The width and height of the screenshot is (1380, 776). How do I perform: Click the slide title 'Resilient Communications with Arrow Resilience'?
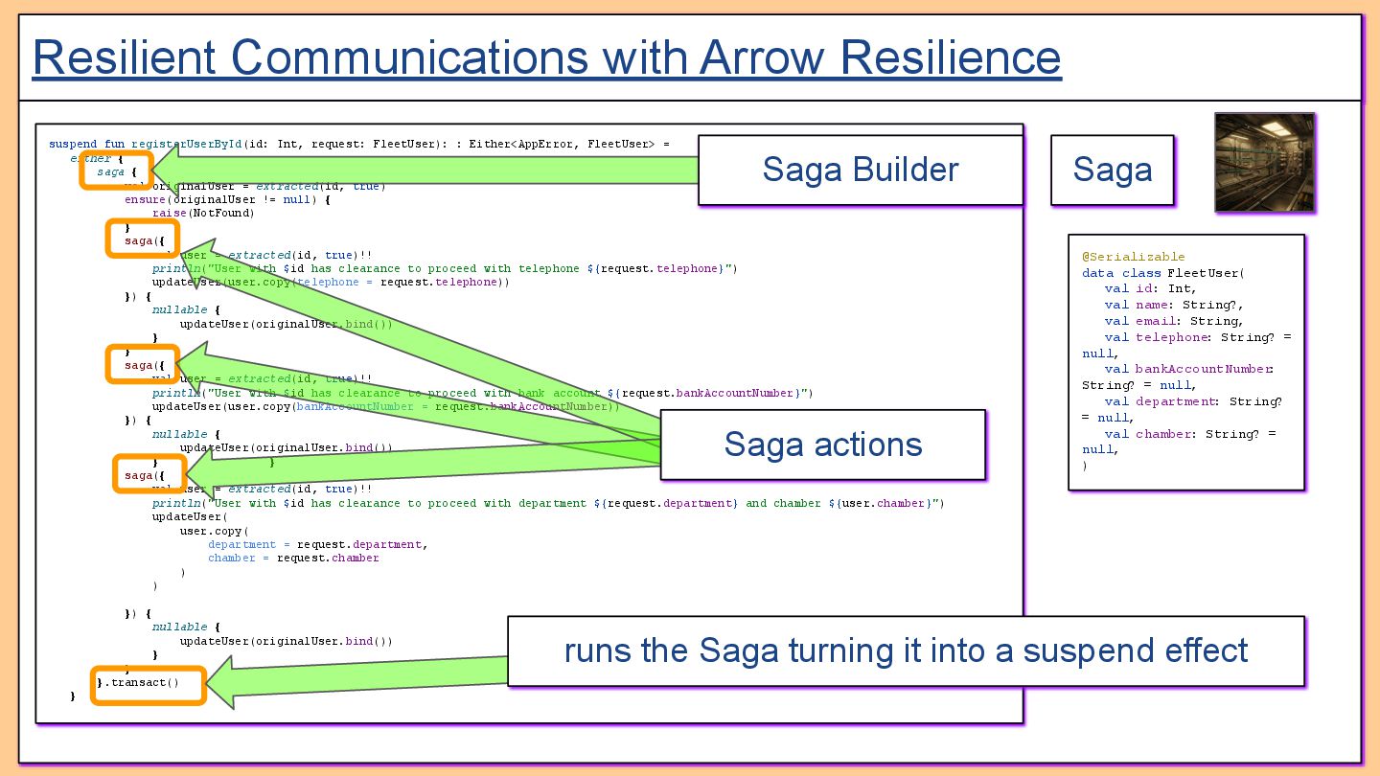[x=546, y=57]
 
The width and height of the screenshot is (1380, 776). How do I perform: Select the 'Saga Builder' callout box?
[x=860, y=171]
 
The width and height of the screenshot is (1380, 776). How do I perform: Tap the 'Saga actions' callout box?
[x=822, y=445]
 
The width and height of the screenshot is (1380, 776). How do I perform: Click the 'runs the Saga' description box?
[x=905, y=651]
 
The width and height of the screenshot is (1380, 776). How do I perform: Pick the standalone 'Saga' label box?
[x=1112, y=171]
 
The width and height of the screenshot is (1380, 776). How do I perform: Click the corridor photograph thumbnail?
[x=1264, y=161]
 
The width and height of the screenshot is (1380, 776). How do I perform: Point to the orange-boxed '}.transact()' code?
[x=149, y=684]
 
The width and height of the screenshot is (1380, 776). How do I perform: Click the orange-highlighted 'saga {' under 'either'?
[x=116, y=171]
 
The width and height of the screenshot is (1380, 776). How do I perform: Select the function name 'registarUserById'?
[x=186, y=145]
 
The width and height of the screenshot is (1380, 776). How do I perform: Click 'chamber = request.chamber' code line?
[x=293, y=558]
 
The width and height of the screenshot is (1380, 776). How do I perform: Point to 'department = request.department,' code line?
[x=317, y=544]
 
